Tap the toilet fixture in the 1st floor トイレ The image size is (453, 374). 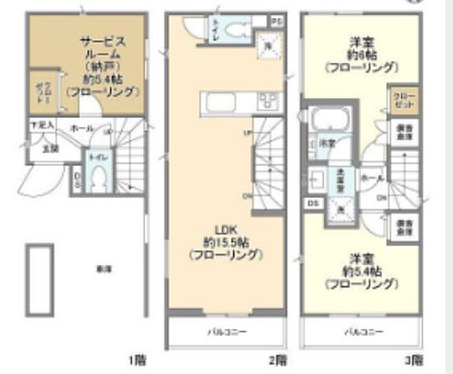(x=97, y=179)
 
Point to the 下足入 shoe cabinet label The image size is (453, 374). (x=41, y=125)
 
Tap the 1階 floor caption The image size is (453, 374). (x=137, y=360)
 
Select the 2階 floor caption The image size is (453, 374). (x=278, y=360)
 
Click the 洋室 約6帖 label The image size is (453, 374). (x=359, y=55)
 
